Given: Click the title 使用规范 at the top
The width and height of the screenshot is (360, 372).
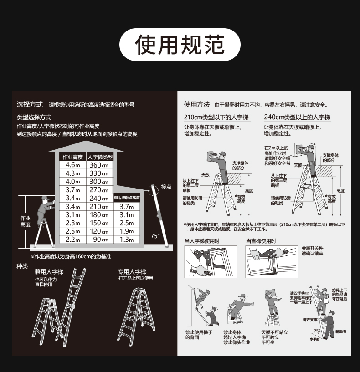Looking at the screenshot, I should (180, 45).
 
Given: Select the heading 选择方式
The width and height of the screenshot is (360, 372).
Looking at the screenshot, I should (30, 104).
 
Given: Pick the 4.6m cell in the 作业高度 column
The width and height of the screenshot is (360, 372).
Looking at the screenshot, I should (72, 165).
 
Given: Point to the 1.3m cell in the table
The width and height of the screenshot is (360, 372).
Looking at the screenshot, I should (127, 240).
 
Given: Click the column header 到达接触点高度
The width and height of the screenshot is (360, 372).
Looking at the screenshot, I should (127, 198).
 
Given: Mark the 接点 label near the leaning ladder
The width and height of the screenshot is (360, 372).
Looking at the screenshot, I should (166, 186).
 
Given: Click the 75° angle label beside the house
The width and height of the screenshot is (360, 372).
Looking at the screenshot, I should (155, 236).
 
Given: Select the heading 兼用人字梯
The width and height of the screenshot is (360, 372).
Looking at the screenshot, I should (49, 272).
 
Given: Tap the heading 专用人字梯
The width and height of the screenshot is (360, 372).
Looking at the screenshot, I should (132, 272).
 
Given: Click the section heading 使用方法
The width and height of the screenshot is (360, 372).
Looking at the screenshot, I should (197, 104).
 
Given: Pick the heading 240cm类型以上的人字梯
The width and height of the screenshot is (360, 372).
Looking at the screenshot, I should (297, 117).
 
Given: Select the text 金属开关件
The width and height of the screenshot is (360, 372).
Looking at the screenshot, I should (312, 248).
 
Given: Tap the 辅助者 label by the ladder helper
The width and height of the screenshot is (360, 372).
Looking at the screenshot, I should (341, 331).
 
